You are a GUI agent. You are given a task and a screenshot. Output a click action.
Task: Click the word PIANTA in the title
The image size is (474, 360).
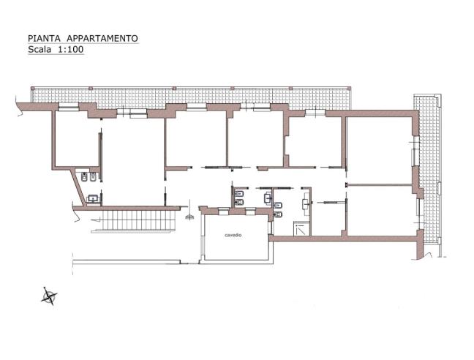point(42,38)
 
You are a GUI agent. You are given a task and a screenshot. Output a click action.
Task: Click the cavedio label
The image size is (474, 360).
point(233,235)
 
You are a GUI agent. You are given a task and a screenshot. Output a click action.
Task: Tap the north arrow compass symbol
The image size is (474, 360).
point(49,296)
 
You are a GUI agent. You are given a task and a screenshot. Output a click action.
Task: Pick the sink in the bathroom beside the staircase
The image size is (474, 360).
point(93,198)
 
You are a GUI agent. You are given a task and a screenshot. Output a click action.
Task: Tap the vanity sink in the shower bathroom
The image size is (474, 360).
point(277,204)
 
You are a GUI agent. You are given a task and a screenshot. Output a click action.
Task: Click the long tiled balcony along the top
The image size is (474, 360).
point(190,96)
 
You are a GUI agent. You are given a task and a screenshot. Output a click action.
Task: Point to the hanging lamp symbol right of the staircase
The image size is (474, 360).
point(190,216)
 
